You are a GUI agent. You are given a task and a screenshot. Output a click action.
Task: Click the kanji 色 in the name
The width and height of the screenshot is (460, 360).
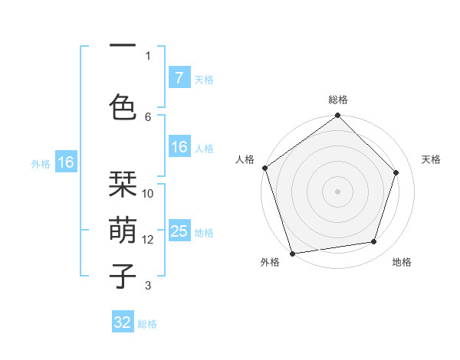[123, 105]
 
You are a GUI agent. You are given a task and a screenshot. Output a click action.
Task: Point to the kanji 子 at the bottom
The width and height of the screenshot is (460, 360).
[123, 276]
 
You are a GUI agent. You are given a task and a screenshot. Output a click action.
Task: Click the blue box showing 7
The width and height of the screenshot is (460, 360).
[179, 78]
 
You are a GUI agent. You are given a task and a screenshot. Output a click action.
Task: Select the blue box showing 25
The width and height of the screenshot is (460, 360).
[179, 231]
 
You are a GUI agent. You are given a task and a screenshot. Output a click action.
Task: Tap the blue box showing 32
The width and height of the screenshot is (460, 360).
[123, 322]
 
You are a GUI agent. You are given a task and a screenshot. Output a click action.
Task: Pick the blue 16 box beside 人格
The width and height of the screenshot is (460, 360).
[179, 147]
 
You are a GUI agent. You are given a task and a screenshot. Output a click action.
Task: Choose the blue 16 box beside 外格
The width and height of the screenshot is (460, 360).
[65, 162]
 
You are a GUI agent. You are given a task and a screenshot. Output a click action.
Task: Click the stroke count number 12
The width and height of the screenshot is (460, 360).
[149, 240]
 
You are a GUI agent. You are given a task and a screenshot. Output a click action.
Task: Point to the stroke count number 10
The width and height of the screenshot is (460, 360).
[149, 193]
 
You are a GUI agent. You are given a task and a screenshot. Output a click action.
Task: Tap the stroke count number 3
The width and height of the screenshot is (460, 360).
[148, 286]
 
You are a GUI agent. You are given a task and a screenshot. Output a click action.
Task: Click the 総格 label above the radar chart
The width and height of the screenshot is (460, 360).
[338, 100]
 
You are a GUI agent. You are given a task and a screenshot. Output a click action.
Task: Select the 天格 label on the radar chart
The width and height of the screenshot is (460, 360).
[431, 159]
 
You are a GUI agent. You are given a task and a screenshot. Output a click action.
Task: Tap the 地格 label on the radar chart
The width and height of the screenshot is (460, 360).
[402, 262]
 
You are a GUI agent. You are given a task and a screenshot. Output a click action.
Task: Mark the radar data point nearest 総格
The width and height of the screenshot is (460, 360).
[337, 116]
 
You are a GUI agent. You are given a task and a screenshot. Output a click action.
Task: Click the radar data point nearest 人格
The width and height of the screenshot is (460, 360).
[264, 168]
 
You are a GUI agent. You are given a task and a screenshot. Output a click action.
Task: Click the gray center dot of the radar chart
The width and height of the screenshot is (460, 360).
[337, 191]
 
